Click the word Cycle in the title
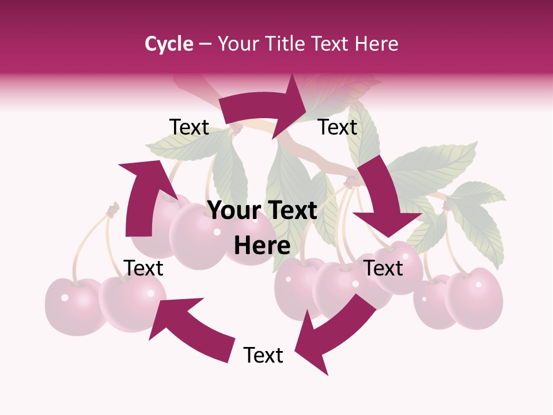169,44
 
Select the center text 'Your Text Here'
262,228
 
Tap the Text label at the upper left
189,127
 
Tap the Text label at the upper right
338,127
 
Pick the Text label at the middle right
383,268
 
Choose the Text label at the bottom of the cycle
263,355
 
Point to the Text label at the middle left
143,268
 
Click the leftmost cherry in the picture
72,305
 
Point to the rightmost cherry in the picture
475,297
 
